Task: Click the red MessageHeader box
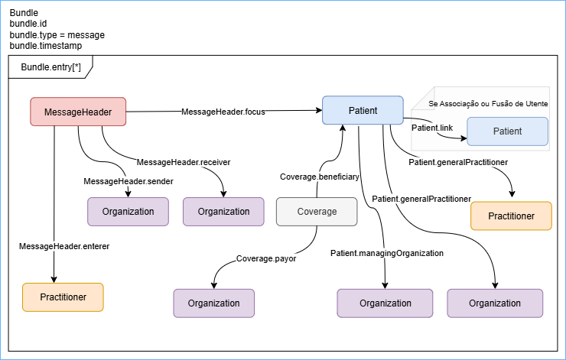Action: (x=78, y=112)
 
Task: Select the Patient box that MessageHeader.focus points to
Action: (x=363, y=110)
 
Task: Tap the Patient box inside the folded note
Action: (x=507, y=131)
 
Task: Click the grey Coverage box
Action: (x=317, y=211)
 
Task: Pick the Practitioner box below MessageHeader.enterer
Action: (x=63, y=297)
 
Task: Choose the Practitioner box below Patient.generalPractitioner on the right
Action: (x=511, y=216)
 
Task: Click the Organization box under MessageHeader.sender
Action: (x=128, y=212)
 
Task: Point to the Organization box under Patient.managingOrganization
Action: (x=385, y=303)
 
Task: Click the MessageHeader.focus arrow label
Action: (x=223, y=112)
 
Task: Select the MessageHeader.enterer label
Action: (x=54, y=245)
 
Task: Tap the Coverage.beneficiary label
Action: (x=319, y=177)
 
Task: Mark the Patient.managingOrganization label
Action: (x=387, y=253)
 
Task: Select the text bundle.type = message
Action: (x=57, y=35)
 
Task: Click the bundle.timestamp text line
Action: (x=46, y=46)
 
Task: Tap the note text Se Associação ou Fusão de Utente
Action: (x=488, y=103)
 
